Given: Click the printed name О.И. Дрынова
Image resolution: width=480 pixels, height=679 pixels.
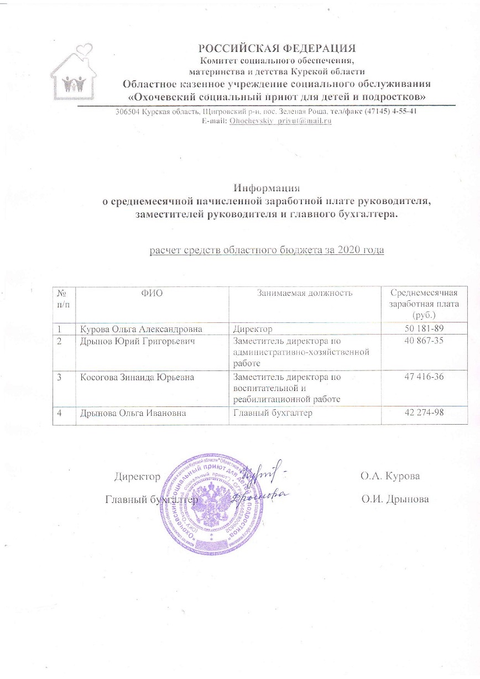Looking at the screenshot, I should coord(395,499).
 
